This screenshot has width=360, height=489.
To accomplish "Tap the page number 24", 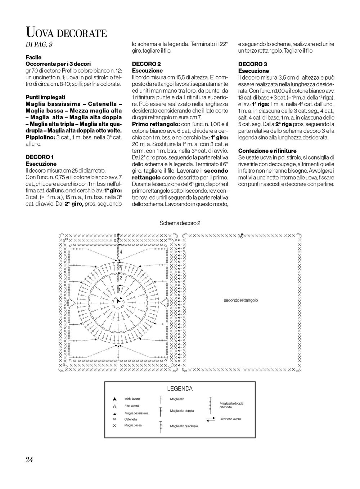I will tap(29, 459).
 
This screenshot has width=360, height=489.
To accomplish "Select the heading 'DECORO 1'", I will tap(40, 157).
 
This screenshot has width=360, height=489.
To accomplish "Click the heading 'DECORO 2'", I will tap(146, 64).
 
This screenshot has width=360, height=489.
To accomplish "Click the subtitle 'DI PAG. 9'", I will tap(40, 45).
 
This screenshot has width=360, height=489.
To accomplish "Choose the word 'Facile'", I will tap(33, 57).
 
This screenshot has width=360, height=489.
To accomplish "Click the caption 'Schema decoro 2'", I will tap(180, 223).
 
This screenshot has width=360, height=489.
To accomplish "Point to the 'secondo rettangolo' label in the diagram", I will tap(240, 300).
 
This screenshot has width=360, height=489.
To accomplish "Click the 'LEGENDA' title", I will tap(180, 389).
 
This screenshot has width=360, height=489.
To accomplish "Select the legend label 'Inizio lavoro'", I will tap(132, 399).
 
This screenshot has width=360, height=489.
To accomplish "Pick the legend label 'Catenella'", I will tap(131, 419).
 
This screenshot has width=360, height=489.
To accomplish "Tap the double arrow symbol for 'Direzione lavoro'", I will tap(211, 419).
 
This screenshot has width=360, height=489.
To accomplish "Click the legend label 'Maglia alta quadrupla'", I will tap(184, 426).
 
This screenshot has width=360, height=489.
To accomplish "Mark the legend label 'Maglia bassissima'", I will tap(136, 413).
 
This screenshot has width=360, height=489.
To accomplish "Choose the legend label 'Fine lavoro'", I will tap(131, 406).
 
